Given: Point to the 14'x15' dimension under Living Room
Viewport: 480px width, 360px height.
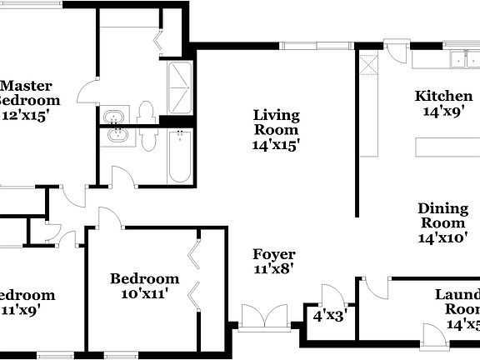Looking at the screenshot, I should (x=277, y=144).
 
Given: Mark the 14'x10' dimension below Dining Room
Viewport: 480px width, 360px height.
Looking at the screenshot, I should (x=442, y=237).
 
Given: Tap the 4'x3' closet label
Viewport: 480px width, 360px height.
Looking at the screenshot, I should (x=330, y=316).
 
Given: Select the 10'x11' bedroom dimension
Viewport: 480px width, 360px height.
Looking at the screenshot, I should (x=144, y=292).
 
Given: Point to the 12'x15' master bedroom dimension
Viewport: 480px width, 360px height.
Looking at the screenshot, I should (x=27, y=115).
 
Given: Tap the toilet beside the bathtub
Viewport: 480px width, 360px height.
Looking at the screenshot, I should (x=149, y=138).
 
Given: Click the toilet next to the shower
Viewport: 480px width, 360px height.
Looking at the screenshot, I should (x=146, y=112).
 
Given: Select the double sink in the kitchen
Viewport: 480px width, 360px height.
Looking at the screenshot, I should (x=460, y=59).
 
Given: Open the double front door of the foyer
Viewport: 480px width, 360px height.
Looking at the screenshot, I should (x=264, y=317).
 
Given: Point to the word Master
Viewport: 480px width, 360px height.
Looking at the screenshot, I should (x=27, y=86).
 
